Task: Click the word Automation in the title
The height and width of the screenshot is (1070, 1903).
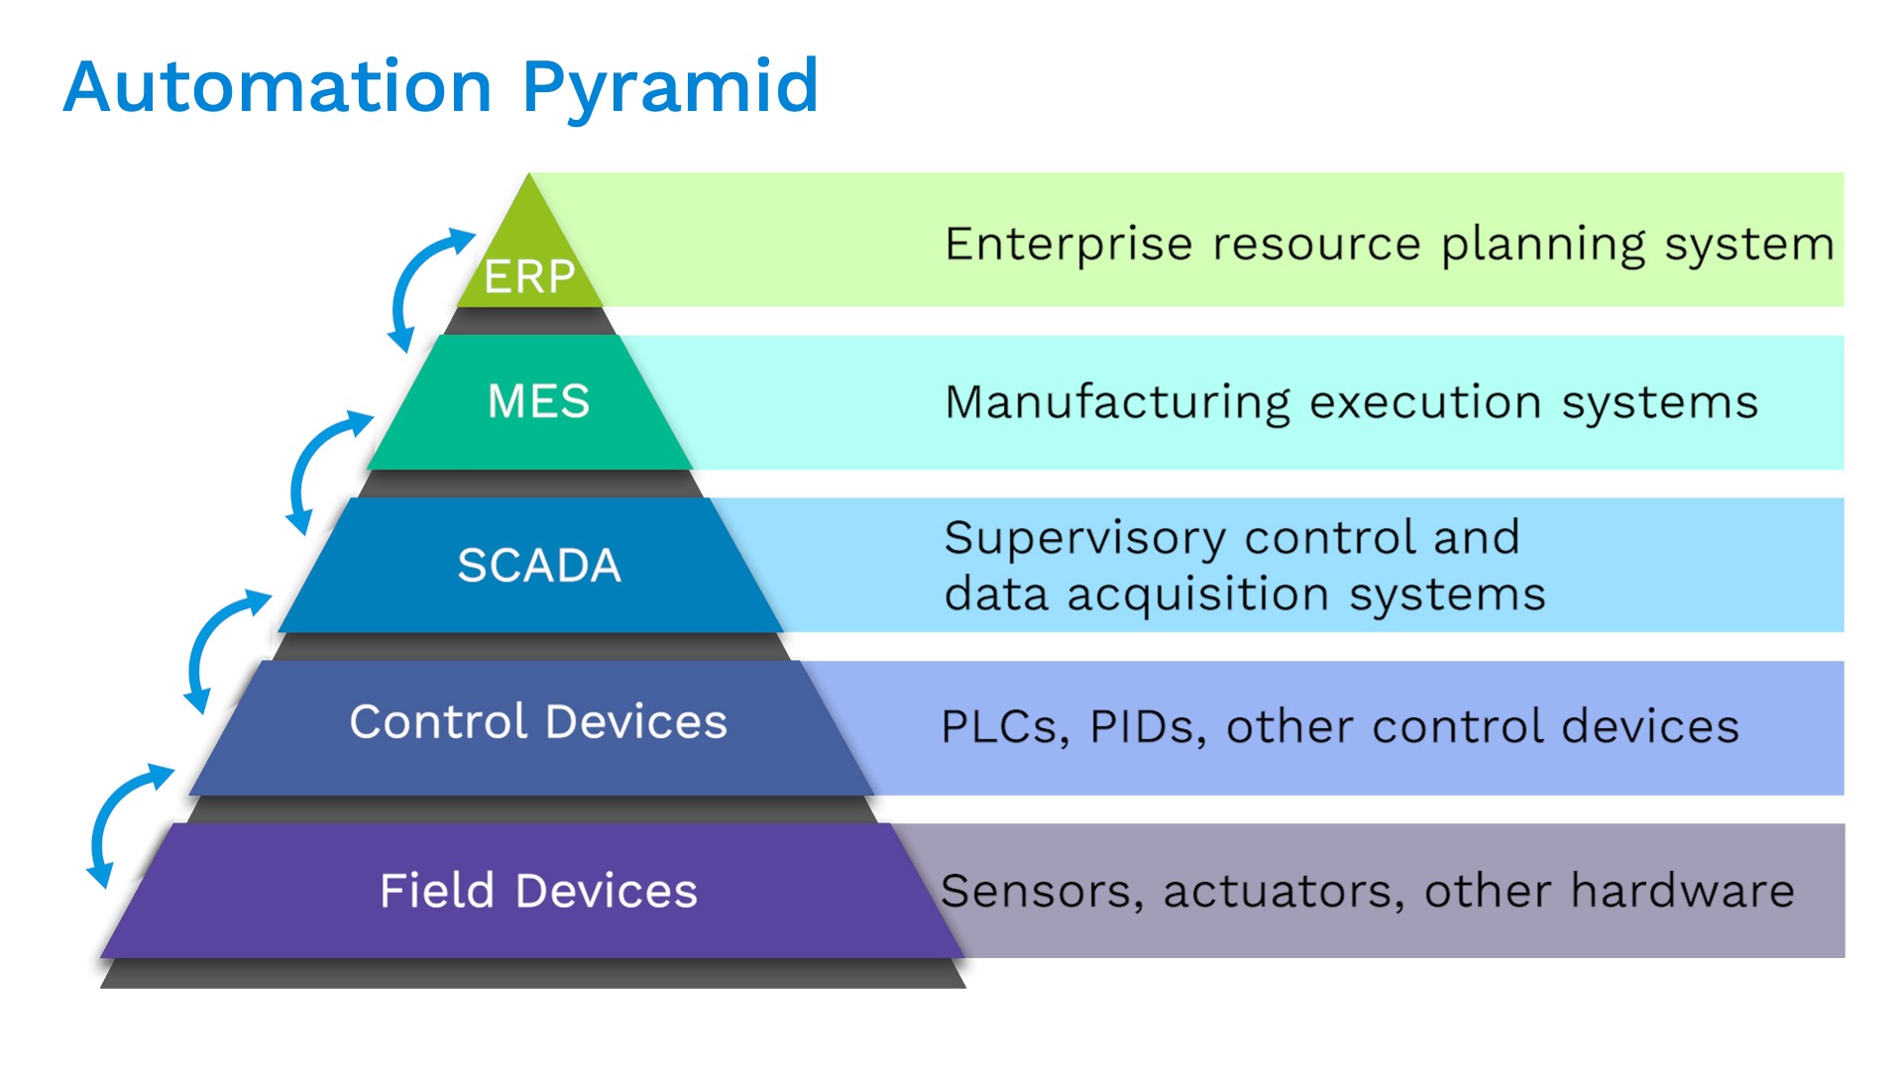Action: tap(278, 87)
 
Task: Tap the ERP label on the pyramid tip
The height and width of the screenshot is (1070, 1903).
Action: tap(529, 276)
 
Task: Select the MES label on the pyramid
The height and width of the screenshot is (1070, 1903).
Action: tap(538, 402)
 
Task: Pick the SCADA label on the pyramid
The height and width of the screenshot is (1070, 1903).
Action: tap(538, 566)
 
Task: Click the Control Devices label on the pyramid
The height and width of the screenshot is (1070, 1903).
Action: tap(538, 721)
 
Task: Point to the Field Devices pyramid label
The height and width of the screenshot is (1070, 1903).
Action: tap(538, 891)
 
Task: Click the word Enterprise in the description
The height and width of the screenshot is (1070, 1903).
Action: tap(1067, 245)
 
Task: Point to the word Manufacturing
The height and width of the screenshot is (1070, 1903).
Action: tap(1117, 403)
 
